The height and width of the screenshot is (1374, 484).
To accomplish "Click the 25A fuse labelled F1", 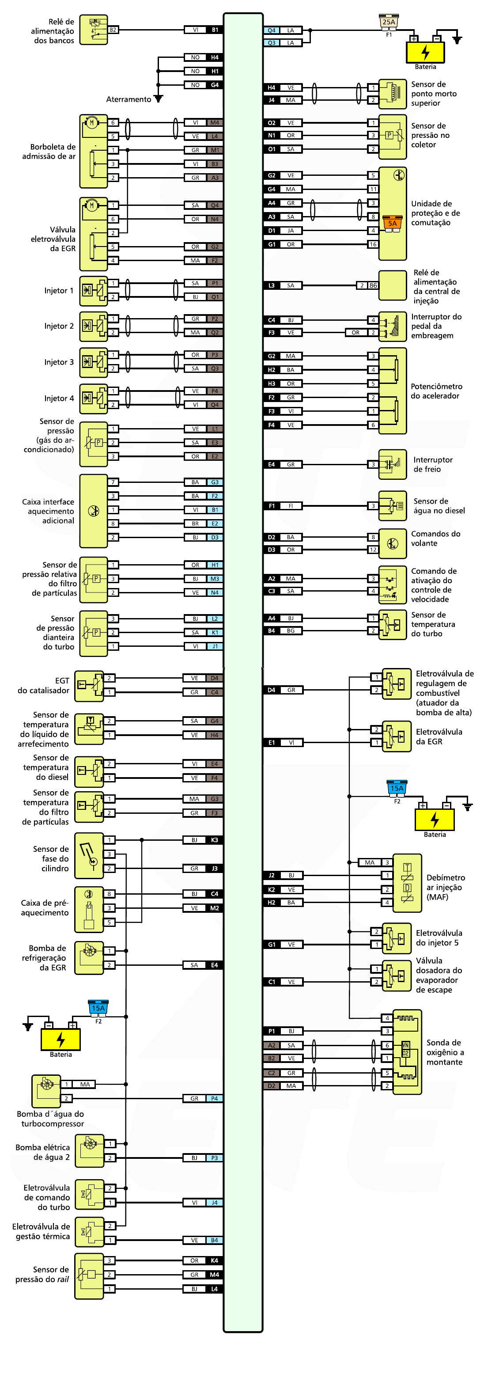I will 389,23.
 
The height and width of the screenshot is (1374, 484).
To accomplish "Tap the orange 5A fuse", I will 392,223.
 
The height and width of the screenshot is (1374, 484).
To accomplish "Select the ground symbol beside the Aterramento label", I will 158,99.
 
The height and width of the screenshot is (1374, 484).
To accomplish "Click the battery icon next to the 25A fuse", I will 425,52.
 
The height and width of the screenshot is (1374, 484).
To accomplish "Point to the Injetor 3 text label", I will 59,362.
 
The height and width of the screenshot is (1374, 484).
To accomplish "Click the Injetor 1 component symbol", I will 93,290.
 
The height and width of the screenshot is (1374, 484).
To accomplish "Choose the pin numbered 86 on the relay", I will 373,285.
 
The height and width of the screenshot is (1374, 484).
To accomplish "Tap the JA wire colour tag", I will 291,231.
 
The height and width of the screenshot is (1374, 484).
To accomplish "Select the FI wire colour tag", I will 291,506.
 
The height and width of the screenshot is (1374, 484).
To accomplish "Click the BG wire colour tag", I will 291,630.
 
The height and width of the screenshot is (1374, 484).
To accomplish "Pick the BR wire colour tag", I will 195,523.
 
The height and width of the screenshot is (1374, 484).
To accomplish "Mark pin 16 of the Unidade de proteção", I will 373,244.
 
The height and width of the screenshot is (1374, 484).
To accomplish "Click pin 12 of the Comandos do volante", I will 373,550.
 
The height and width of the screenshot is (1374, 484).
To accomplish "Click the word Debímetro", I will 445,877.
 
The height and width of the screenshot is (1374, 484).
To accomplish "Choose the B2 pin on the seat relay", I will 113,30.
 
